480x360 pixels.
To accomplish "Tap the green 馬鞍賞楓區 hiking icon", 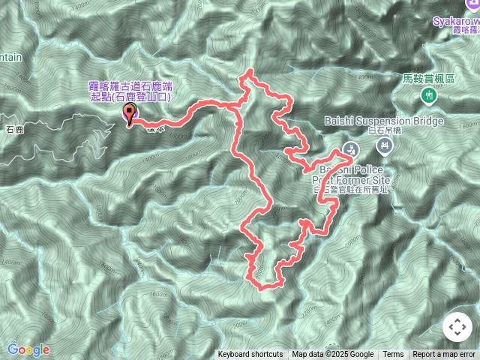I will (x=428, y=95).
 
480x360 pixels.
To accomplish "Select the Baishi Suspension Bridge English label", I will (x=384, y=121).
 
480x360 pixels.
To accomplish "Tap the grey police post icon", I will (x=350, y=148).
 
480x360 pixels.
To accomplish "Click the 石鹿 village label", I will (x=15, y=129).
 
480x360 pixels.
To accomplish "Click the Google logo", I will (x=28, y=349).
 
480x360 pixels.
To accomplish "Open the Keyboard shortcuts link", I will (x=250, y=355).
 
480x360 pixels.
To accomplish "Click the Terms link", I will (x=393, y=355).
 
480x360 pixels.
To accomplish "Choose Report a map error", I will (x=444, y=355).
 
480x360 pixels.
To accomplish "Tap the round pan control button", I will (x=457, y=327).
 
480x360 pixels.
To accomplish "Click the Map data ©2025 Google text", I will (x=332, y=355).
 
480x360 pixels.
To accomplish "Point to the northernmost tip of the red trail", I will (x=248, y=71).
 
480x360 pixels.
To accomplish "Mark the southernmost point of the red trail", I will (x=259, y=287).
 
